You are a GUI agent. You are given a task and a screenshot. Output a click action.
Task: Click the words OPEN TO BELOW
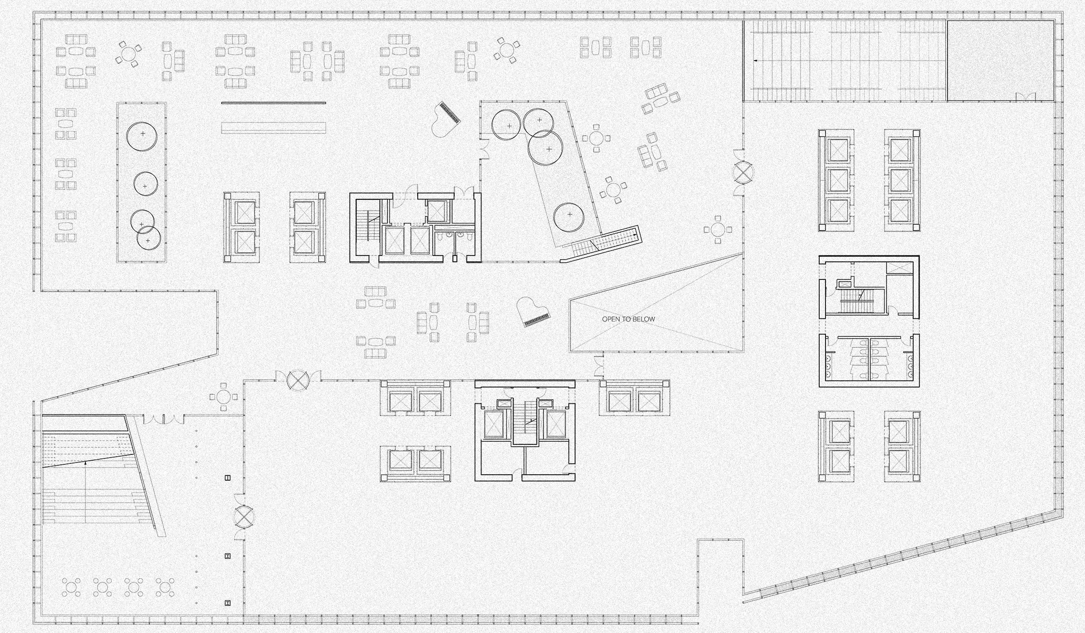click(x=628, y=319)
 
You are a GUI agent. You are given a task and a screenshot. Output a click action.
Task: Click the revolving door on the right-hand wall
click(x=743, y=172)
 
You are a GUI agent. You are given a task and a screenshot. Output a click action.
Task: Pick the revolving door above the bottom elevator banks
click(x=298, y=380)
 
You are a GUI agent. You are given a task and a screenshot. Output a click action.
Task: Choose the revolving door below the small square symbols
click(x=245, y=515)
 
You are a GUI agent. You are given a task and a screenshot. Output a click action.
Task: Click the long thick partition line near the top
click(x=274, y=103)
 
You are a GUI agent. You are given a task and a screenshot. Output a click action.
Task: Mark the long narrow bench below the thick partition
click(x=274, y=128)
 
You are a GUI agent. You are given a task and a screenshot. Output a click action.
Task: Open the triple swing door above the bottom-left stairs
click(x=164, y=420)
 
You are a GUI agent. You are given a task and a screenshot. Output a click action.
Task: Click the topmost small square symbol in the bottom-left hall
click(x=228, y=477)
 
